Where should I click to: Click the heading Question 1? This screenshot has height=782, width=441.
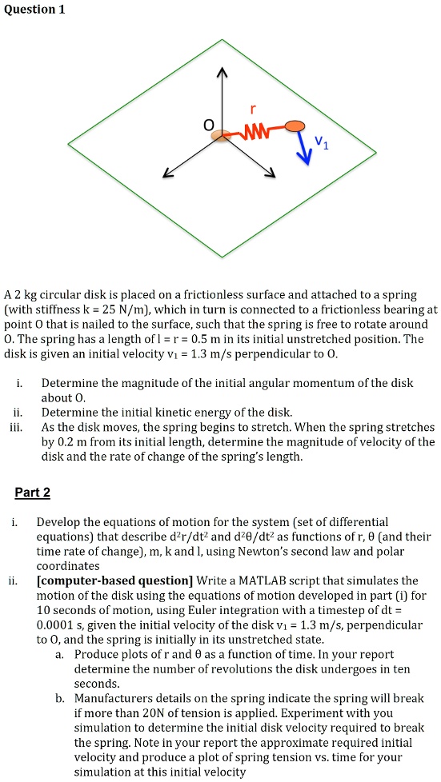pos(34,10)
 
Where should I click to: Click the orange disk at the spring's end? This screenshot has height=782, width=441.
pos(295,126)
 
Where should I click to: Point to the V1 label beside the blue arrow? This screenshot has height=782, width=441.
pos(321,142)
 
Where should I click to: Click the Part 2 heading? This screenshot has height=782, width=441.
pos(32,492)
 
